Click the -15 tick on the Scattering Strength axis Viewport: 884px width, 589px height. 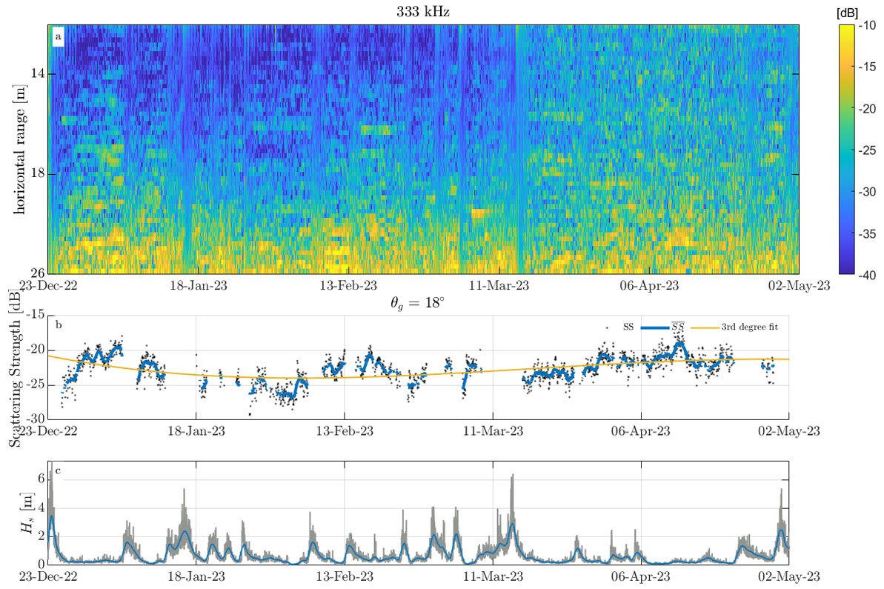(34, 316)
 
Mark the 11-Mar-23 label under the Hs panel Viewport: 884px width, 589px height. (496, 575)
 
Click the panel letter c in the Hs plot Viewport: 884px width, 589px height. (58, 470)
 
